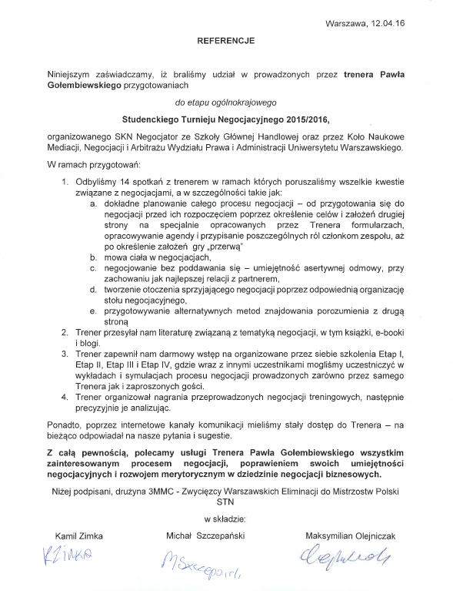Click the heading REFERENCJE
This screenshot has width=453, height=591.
225,38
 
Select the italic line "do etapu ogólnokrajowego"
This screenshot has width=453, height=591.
225,102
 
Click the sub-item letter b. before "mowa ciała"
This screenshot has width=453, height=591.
94,257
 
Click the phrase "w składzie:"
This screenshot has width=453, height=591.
225,519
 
